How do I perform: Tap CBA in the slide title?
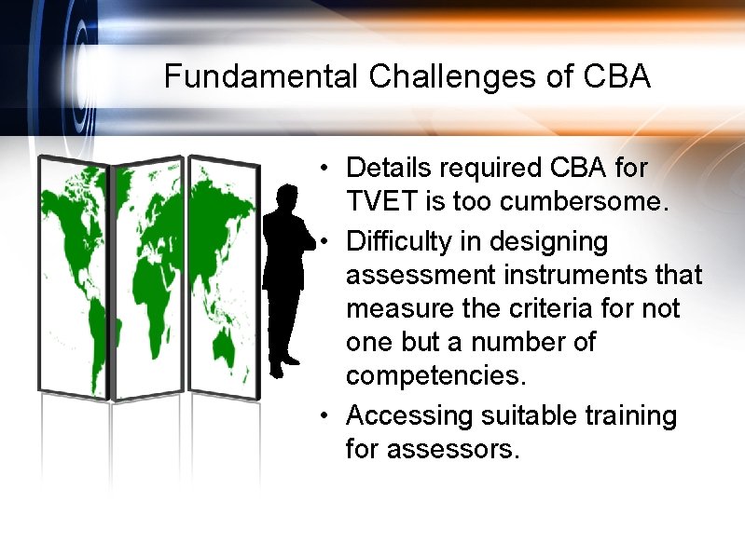click(616, 76)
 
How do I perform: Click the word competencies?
click(433, 375)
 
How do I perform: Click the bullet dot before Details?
click(321, 169)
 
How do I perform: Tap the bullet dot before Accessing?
click(321, 415)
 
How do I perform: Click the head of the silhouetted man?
click(286, 197)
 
